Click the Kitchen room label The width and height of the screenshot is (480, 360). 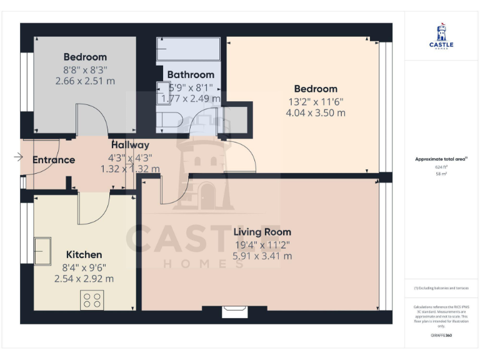coord(84,254)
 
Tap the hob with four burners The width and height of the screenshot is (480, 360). coord(92,300)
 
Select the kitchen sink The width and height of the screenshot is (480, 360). coord(43,251)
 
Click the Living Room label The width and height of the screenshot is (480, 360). coord(262,232)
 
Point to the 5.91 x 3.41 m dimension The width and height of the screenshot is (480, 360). coord(262,256)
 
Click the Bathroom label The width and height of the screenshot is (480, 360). coord(191,75)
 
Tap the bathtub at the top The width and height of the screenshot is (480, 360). coord(188,49)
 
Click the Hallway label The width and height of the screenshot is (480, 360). coord(130,145)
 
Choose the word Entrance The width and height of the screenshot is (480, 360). coord(54,160)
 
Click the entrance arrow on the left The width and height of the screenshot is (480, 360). coord(17,157)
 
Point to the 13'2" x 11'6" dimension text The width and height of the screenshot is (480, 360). coord(316,101)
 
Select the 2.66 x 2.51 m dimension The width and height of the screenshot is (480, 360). coord(85,81)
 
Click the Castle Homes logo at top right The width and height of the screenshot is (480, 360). coord(441,37)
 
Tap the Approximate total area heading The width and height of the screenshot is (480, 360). coord(441,159)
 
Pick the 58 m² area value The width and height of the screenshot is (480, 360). coord(441,174)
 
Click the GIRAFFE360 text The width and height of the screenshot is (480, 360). coord(441,336)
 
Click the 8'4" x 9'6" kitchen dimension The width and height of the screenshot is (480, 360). coord(84,267)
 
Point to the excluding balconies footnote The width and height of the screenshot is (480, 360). coord(441,288)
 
